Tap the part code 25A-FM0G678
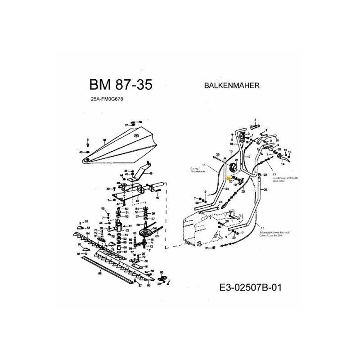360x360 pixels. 107,101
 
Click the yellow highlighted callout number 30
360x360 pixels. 229,178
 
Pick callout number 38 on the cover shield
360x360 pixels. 104,140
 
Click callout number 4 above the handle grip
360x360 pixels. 255,120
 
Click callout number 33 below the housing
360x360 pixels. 207,248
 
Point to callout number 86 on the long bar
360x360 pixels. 99,273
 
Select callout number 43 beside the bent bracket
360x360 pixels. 150,173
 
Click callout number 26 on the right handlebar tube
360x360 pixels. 265,190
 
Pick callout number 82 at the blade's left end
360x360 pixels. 86,222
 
